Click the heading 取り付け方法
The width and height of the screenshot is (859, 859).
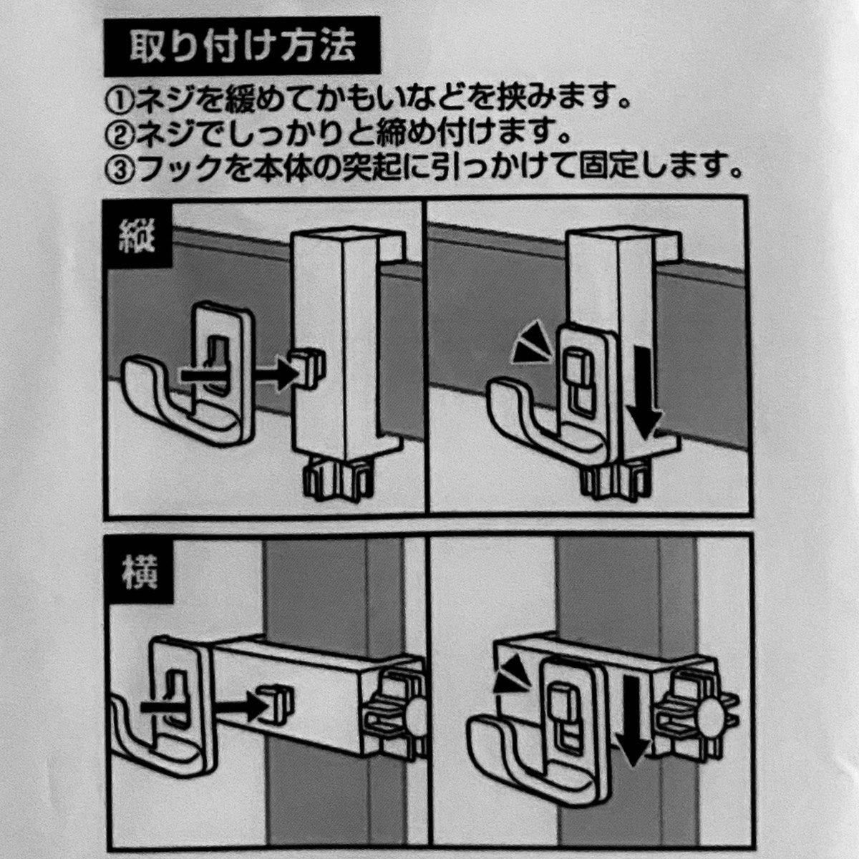click(x=242, y=47)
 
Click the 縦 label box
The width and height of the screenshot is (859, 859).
click(x=137, y=235)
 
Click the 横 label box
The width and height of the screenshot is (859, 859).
click(x=138, y=571)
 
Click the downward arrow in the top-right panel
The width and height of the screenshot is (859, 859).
click(x=648, y=393)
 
